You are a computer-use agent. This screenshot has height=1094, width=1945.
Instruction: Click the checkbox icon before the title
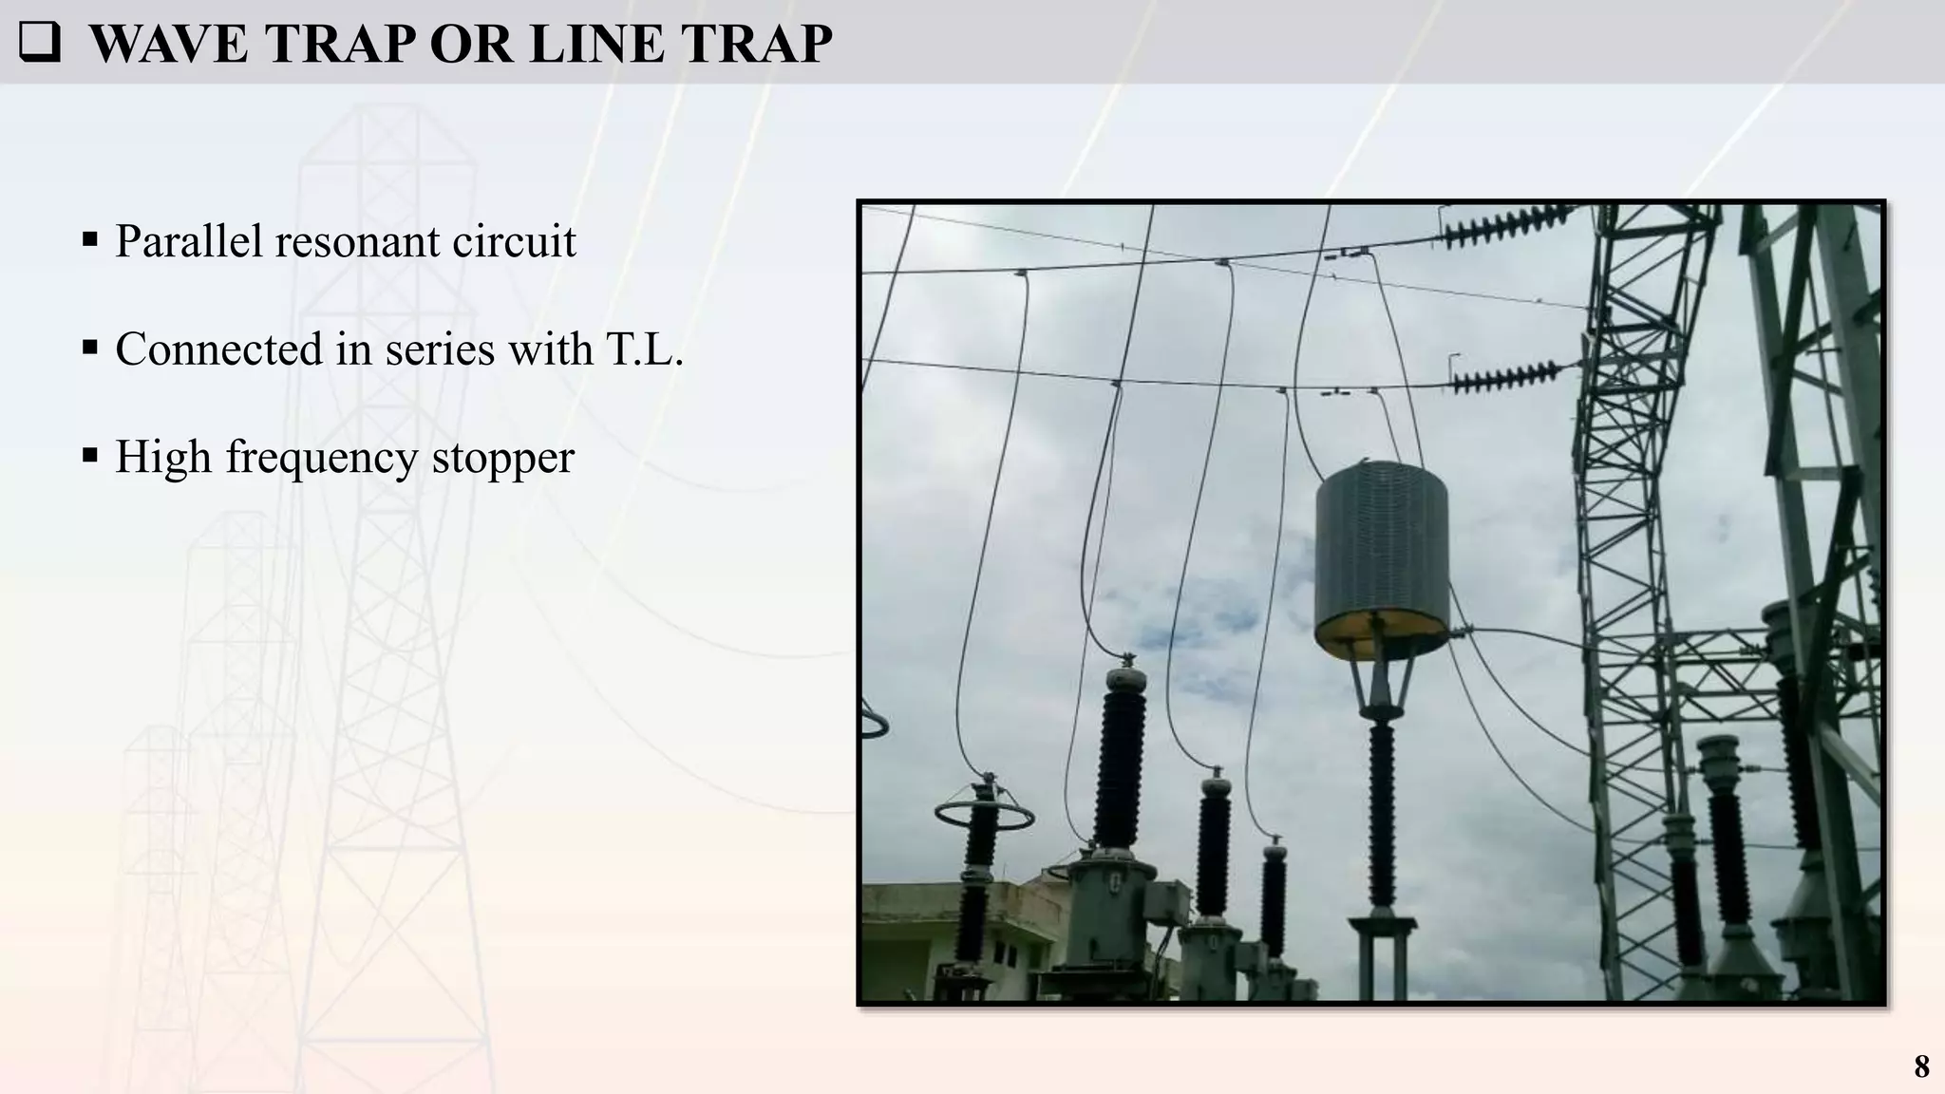(x=39, y=43)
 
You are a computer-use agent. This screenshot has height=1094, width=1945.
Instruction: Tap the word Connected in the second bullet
(x=218, y=349)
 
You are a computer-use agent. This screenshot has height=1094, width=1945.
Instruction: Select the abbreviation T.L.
(x=645, y=349)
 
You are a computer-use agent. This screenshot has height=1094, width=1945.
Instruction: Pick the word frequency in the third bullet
(x=321, y=458)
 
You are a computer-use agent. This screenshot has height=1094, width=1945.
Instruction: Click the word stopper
(x=502, y=458)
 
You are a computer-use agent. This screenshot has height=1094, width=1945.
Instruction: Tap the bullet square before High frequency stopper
(x=90, y=457)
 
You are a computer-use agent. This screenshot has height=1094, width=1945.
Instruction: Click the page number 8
(x=1921, y=1066)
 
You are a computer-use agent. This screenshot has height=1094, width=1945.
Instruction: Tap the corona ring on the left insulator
(x=984, y=816)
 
